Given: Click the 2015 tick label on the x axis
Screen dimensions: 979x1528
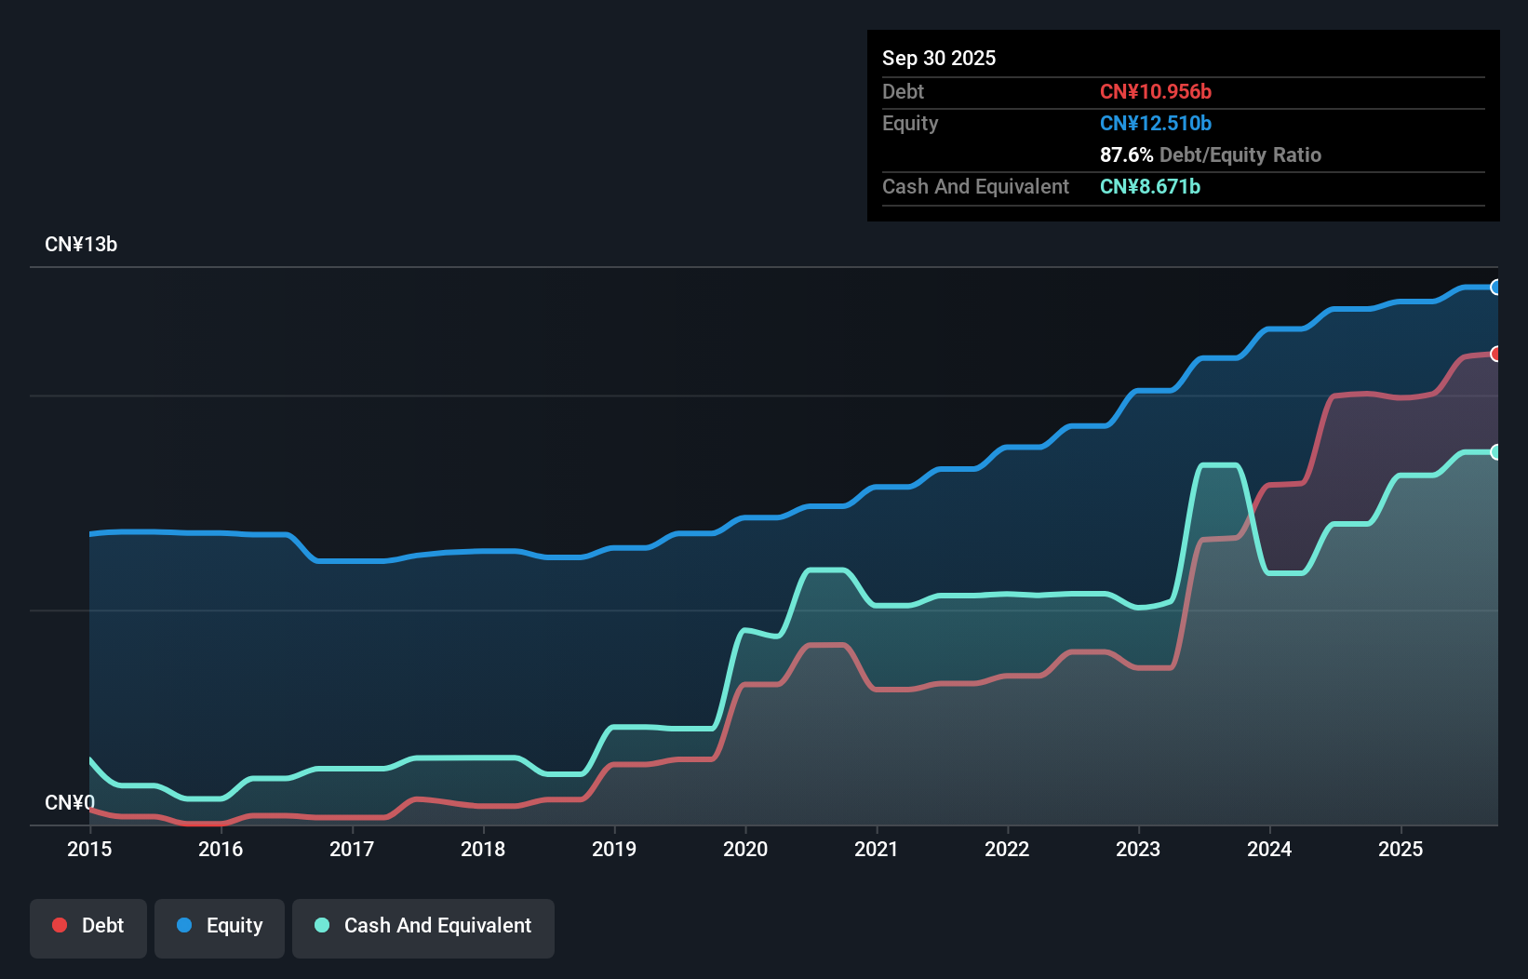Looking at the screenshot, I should click(x=89, y=849).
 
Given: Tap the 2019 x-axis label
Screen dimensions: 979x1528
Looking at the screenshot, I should click(x=614, y=849).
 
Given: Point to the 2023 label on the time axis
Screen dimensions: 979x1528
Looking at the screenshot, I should click(x=1138, y=849).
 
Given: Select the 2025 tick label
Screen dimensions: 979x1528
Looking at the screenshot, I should click(x=1401, y=849).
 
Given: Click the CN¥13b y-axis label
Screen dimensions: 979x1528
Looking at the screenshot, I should click(x=81, y=245).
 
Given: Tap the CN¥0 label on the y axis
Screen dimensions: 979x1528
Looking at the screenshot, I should click(x=70, y=802).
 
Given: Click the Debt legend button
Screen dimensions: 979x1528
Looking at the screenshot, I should click(x=88, y=926).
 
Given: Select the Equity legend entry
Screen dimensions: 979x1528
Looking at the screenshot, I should click(x=220, y=926).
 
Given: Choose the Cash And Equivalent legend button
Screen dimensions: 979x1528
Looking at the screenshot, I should click(x=423, y=926).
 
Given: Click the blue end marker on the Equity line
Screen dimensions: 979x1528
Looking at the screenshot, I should click(x=1495, y=288).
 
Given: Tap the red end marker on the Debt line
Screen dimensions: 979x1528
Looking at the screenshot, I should click(x=1495, y=354).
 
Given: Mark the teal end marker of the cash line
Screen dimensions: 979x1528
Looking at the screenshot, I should click(x=1495, y=452).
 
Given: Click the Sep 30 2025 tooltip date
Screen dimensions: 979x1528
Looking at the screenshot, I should click(x=939, y=58).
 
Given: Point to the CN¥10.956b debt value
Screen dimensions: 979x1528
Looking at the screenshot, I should click(x=1155, y=91).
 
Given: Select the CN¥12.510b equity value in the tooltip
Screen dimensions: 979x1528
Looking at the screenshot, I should click(x=1155, y=123).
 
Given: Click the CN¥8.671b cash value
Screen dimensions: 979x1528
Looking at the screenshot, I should click(x=1149, y=186).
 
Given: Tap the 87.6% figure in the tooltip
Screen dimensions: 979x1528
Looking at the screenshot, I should click(x=1126, y=154).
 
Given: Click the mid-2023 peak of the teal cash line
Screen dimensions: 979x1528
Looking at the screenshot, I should click(x=1219, y=464).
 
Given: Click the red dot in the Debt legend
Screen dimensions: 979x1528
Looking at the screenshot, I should click(x=60, y=925).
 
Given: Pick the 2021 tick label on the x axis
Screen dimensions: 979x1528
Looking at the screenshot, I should click(x=877, y=849).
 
